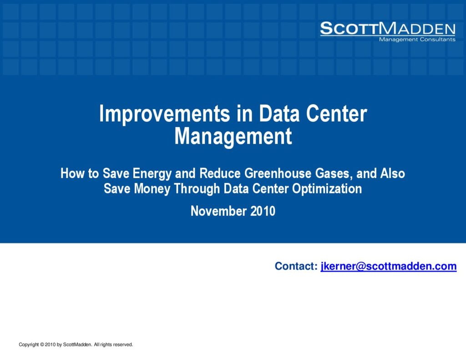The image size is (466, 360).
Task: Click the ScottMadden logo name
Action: point(388,29)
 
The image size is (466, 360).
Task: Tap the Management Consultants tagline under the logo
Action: point(417,40)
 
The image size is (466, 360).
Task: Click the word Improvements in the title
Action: point(165,114)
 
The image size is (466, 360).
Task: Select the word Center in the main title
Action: point(337,113)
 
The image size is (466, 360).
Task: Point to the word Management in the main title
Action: point(233,137)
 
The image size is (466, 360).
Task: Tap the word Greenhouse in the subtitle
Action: point(278,173)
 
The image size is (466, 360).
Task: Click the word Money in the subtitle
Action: point(152,189)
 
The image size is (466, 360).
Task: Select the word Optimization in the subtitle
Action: point(327,189)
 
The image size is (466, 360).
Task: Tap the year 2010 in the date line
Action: point(263,211)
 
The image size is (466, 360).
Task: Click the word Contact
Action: point(296,266)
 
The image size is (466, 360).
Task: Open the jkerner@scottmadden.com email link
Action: point(389,266)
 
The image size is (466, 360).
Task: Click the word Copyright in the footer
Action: point(29,345)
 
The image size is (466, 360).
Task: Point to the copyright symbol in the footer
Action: point(42,345)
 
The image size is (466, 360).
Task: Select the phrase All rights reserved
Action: point(113,345)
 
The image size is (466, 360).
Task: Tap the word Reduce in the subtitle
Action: point(220,173)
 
